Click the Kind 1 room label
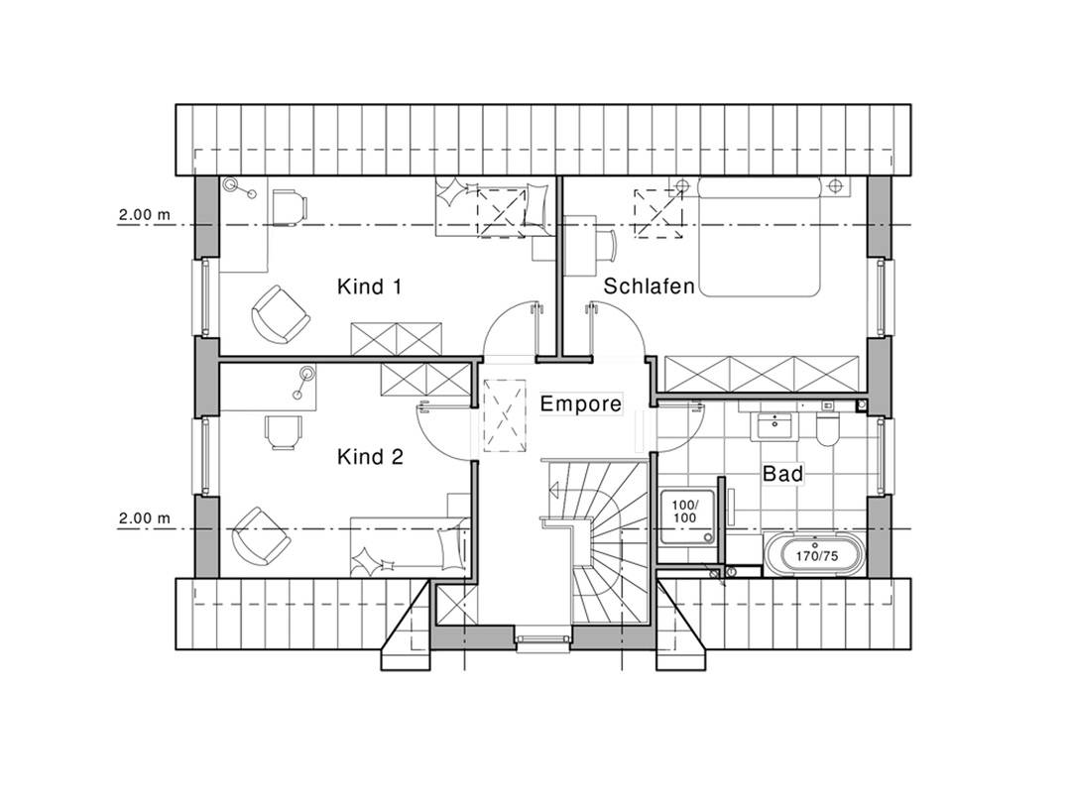(369, 287)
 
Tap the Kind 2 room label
(370, 456)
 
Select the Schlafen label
(649, 287)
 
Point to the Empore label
(580, 403)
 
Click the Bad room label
(782, 473)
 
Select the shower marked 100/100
(687, 516)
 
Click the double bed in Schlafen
(759, 236)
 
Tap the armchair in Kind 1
(280, 313)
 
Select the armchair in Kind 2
(260, 536)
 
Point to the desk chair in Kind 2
(283, 431)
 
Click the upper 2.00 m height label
(145, 214)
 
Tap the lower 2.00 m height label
(145, 518)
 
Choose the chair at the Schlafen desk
(605, 245)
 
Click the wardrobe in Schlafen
(762, 374)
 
